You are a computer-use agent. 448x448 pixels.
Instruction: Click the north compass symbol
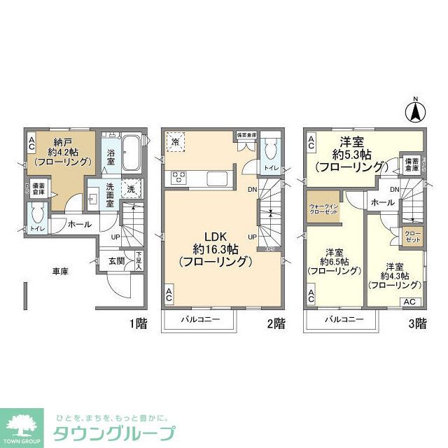click(x=415, y=110)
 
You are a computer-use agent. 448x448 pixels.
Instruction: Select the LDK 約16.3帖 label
click(x=214, y=248)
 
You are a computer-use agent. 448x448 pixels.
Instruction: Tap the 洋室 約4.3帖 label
click(x=394, y=275)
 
